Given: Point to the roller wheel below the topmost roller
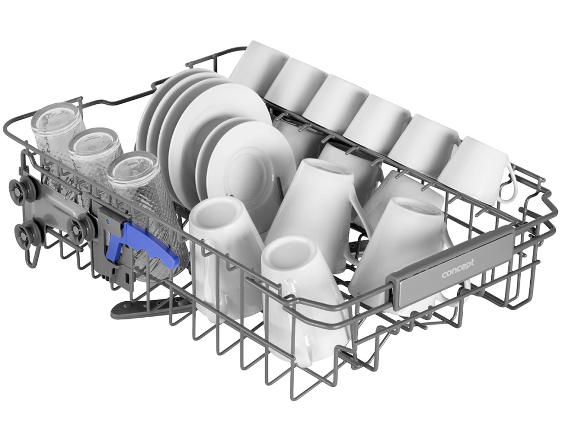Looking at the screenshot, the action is pyautogui.click(x=21, y=229).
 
